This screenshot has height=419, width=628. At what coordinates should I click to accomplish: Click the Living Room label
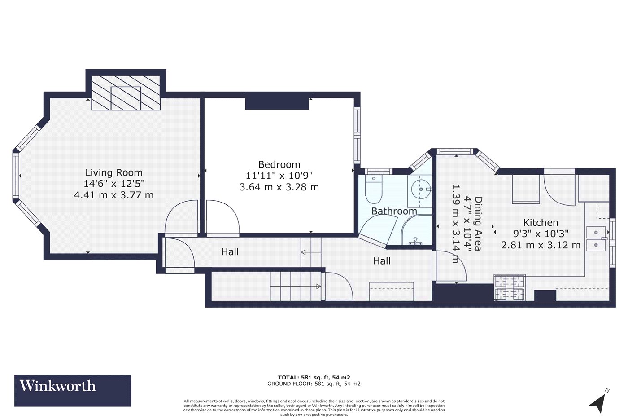[x=114, y=172]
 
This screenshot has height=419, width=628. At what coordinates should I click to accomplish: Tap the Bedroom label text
[x=279, y=164]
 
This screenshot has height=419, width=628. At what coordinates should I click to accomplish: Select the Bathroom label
[x=394, y=211]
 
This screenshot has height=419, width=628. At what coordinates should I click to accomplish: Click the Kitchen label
[x=541, y=223]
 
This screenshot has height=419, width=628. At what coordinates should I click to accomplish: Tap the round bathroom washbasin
[x=421, y=189]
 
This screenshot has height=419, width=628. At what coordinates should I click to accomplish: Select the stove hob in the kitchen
[x=510, y=288]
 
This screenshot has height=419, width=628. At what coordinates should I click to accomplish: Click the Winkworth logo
[x=73, y=390]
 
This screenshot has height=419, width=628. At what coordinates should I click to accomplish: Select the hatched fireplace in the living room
[x=126, y=93]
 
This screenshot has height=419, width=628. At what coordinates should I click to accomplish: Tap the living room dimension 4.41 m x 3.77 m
[x=114, y=195]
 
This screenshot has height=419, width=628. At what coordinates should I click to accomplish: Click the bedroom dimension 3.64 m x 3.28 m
[x=279, y=187]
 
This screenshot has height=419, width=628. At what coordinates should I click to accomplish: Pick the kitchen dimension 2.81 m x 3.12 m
[x=541, y=245]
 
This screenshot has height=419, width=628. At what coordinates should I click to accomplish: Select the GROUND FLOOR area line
[x=314, y=384]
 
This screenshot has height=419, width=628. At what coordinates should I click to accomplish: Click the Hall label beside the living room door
[x=230, y=252]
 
